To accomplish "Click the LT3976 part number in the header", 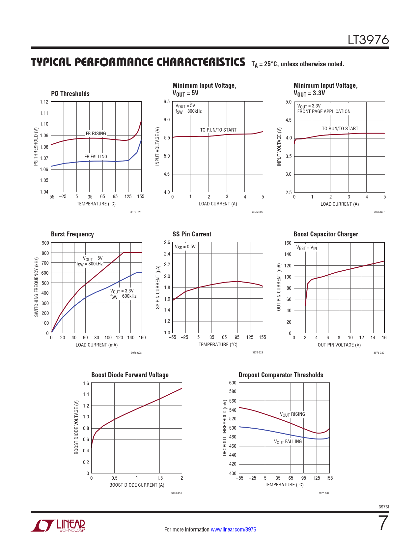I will (368, 40).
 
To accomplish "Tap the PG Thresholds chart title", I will (70, 94).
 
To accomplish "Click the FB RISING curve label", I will (96, 134).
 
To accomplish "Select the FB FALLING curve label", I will (96, 157).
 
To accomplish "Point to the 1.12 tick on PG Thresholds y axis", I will (44, 102).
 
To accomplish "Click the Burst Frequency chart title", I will (72, 234).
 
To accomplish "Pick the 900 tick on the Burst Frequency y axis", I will (45, 243).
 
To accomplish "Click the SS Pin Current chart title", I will (192, 234).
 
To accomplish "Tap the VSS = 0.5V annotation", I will (185, 247).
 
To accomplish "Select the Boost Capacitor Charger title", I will (326, 234).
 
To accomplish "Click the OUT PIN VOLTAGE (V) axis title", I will (339, 345).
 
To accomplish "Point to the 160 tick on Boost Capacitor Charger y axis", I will (288, 243).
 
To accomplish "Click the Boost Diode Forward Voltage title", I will (130, 375).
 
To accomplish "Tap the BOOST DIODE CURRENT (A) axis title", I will (137, 485).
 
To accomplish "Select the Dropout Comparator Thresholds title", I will (281, 375).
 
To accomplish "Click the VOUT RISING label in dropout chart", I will (293, 414).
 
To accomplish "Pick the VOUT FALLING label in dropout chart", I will (288, 442).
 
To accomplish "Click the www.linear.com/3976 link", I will (233, 529).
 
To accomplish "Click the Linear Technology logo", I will (58, 526).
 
